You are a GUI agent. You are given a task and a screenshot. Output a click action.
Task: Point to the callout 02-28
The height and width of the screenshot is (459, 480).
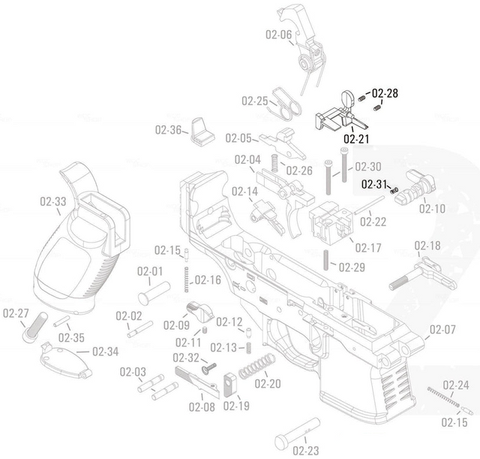[x=385, y=93]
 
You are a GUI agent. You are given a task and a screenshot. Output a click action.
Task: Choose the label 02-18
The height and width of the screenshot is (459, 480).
[x=427, y=246]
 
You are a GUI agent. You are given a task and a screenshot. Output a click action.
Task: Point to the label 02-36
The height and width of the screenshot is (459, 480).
[x=169, y=129]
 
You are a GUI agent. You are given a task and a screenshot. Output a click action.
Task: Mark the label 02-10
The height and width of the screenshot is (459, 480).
[x=432, y=208]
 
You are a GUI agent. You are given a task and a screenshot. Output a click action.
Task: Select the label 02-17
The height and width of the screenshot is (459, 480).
[x=368, y=247]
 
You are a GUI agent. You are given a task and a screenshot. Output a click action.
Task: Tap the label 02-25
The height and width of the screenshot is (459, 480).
[x=254, y=101]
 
